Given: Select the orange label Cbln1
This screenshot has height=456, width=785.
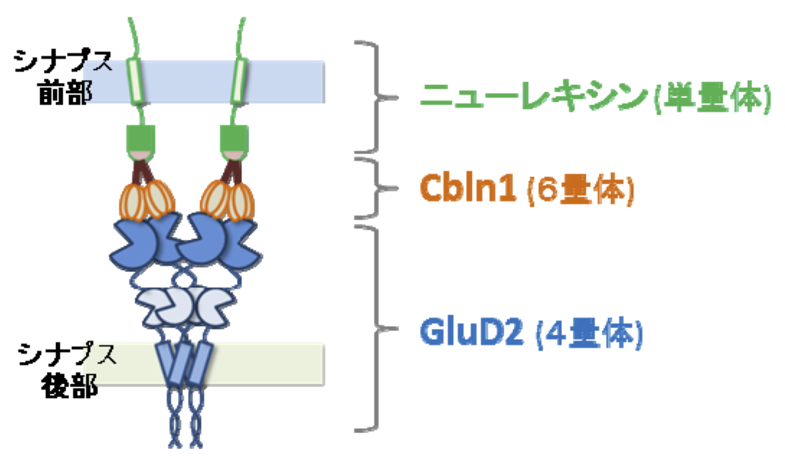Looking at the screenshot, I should tap(468, 188).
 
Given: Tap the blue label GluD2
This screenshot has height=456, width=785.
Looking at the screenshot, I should tap(471, 332).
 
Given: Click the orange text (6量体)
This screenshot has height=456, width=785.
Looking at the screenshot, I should tap(580, 189).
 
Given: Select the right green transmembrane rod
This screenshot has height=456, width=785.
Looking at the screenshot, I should tap(239, 81).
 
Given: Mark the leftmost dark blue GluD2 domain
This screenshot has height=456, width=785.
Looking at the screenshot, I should tap(131, 244).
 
